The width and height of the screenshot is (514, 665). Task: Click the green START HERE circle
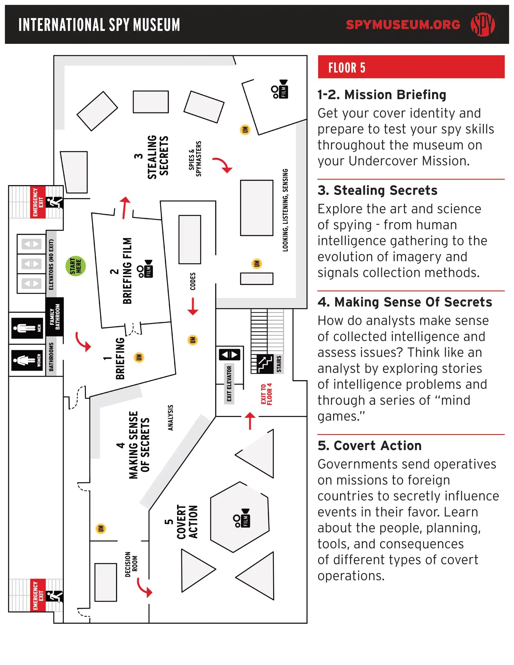click(76, 266)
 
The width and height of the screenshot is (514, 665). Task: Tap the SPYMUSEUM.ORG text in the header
click(403, 25)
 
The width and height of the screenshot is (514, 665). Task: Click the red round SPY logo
click(483, 24)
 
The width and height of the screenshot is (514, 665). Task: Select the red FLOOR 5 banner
click(411, 67)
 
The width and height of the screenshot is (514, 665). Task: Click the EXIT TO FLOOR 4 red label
click(266, 394)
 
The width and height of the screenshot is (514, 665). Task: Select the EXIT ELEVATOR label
click(229, 384)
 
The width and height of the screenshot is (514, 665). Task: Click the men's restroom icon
click(27, 328)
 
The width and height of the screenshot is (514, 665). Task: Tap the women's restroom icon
click(27, 360)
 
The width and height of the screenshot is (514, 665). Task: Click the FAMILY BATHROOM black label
click(55, 317)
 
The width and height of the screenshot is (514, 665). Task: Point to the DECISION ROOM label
click(131, 564)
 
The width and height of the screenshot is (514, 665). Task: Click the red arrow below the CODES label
click(193, 306)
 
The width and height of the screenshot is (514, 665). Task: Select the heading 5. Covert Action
click(369, 446)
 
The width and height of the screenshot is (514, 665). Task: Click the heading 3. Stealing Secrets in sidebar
click(377, 190)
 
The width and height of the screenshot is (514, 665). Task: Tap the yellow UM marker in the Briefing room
click(139, 357)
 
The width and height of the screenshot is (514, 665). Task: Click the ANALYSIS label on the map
click(171, 417)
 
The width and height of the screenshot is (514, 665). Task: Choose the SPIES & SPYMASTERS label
click(195, 159)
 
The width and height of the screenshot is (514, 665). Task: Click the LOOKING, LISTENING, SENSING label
click(285, 210)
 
